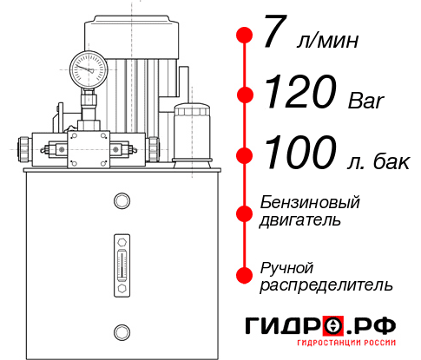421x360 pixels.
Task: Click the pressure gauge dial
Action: pos(89,69)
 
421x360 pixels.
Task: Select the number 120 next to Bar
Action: pos(300,91)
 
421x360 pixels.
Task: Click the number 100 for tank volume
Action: pos(300,152)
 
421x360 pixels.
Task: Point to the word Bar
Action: pos(366,101)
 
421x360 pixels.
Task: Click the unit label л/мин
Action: pos(327,41)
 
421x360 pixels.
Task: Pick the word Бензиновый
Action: pos(310,202)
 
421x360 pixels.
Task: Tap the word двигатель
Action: pos(299,220)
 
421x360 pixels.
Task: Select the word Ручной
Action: pos(286,269)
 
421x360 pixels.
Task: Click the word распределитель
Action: pos(326,285)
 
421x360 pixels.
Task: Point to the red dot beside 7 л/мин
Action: pos(245,35)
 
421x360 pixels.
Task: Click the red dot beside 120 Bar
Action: pos(245,95)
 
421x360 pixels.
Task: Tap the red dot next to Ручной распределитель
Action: pos(245,275)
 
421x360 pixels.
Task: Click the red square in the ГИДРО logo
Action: pos(333,325)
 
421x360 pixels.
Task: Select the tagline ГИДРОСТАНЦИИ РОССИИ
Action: pos(346,343)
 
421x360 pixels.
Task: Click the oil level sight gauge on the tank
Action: pos(122,265)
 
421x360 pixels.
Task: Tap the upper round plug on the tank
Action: pos(122,200)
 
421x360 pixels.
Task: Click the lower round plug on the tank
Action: pos(122,332)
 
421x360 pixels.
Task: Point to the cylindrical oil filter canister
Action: pos(192,135)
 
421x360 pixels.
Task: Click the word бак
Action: pos(391,161)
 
